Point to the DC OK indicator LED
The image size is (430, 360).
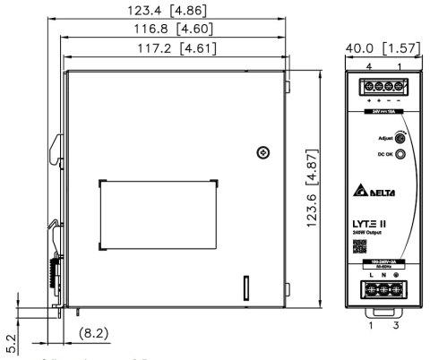point(400,154)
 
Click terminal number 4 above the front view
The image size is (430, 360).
point(367,68)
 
